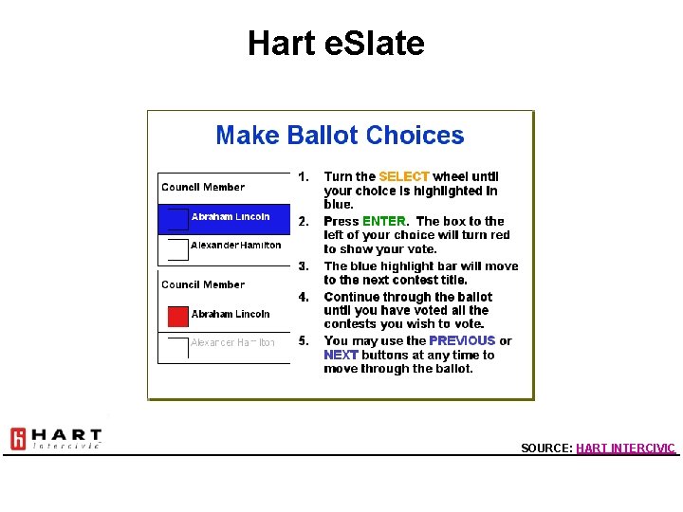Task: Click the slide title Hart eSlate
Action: [336, 44]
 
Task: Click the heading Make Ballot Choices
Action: [340, 136]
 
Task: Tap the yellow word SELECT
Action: [404, 176]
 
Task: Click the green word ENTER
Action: [384, 221]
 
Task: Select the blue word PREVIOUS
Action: [462, 340]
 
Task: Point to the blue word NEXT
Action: [341, 355]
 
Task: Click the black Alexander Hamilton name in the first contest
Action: [235, 245]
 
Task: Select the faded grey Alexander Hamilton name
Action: [232, 342]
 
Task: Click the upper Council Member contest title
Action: [203, 187]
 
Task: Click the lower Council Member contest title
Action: [203, 284]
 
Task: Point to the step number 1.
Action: [303, 176]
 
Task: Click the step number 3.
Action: [304, 266]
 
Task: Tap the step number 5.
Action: [304, 340]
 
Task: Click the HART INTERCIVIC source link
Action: [625, 448]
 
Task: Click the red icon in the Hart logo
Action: [18, 439]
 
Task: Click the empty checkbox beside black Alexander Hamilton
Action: [178, 249]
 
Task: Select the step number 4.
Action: [304, 297]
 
